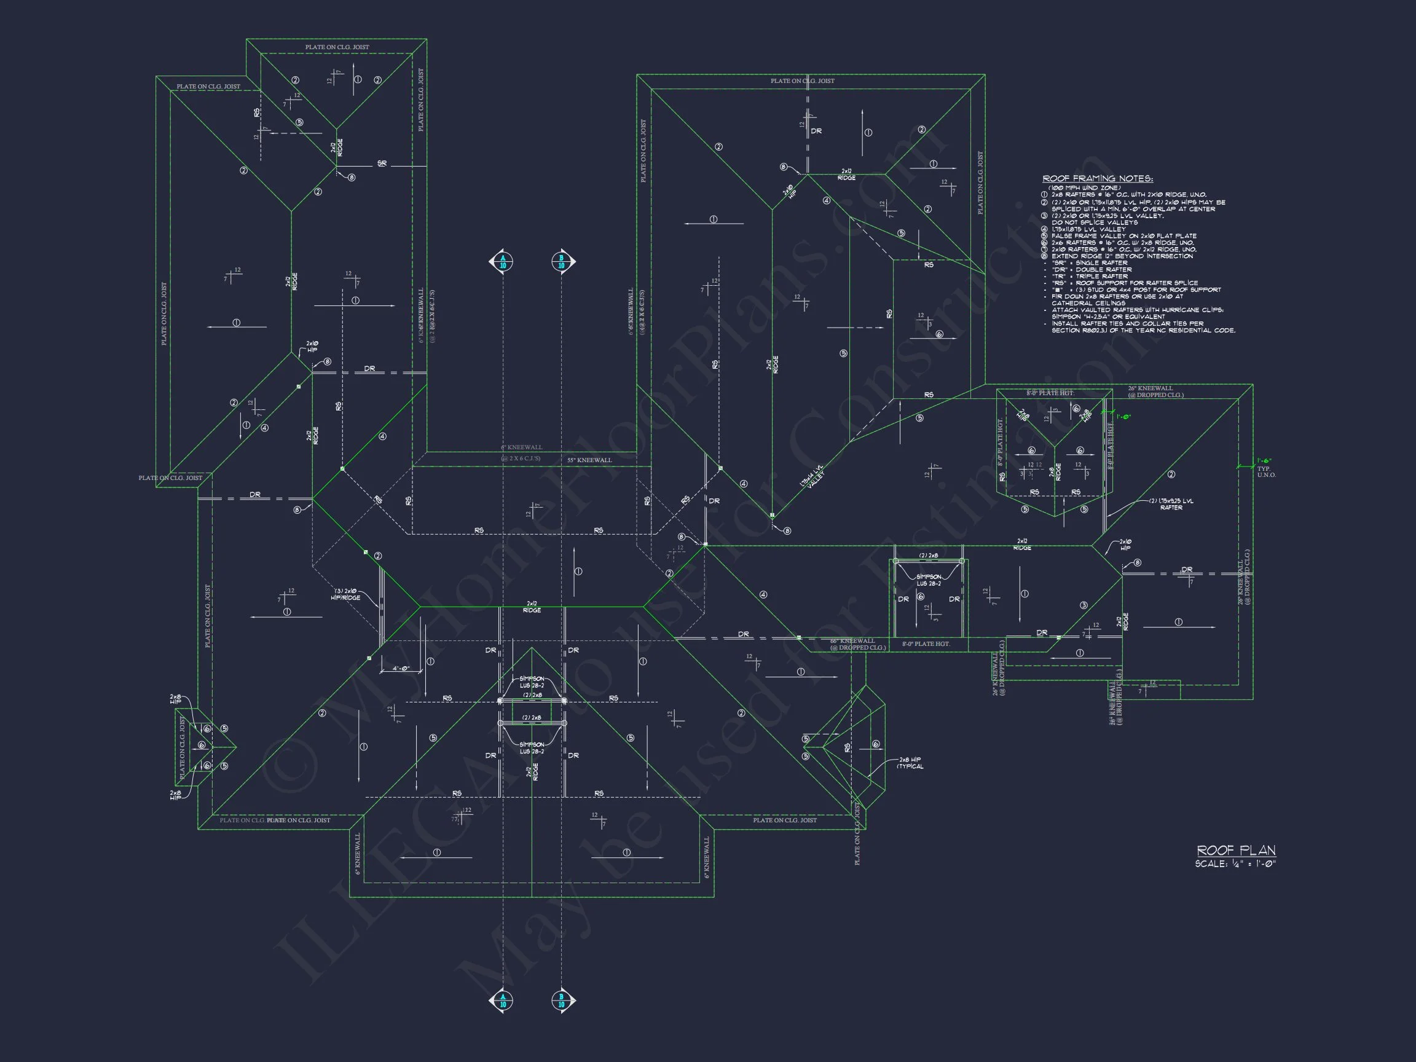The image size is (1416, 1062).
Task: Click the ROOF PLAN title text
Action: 1236,850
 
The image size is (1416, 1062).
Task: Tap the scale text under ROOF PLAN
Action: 1235,864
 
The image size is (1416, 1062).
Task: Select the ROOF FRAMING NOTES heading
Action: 1098,179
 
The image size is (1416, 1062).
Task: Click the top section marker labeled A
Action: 503,261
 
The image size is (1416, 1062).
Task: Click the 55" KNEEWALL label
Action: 589,460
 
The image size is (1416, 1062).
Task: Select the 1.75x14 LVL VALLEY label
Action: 812,477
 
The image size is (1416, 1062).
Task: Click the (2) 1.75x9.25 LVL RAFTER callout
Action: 1171,504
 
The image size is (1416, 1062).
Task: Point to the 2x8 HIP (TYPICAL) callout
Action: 910,763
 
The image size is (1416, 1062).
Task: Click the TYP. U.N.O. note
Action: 1266,472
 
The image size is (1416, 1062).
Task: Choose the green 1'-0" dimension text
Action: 1123,417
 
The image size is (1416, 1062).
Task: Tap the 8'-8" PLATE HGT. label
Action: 1050,392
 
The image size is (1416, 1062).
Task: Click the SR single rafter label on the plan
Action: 382,164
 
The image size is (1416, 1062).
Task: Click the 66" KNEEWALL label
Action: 852,640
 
